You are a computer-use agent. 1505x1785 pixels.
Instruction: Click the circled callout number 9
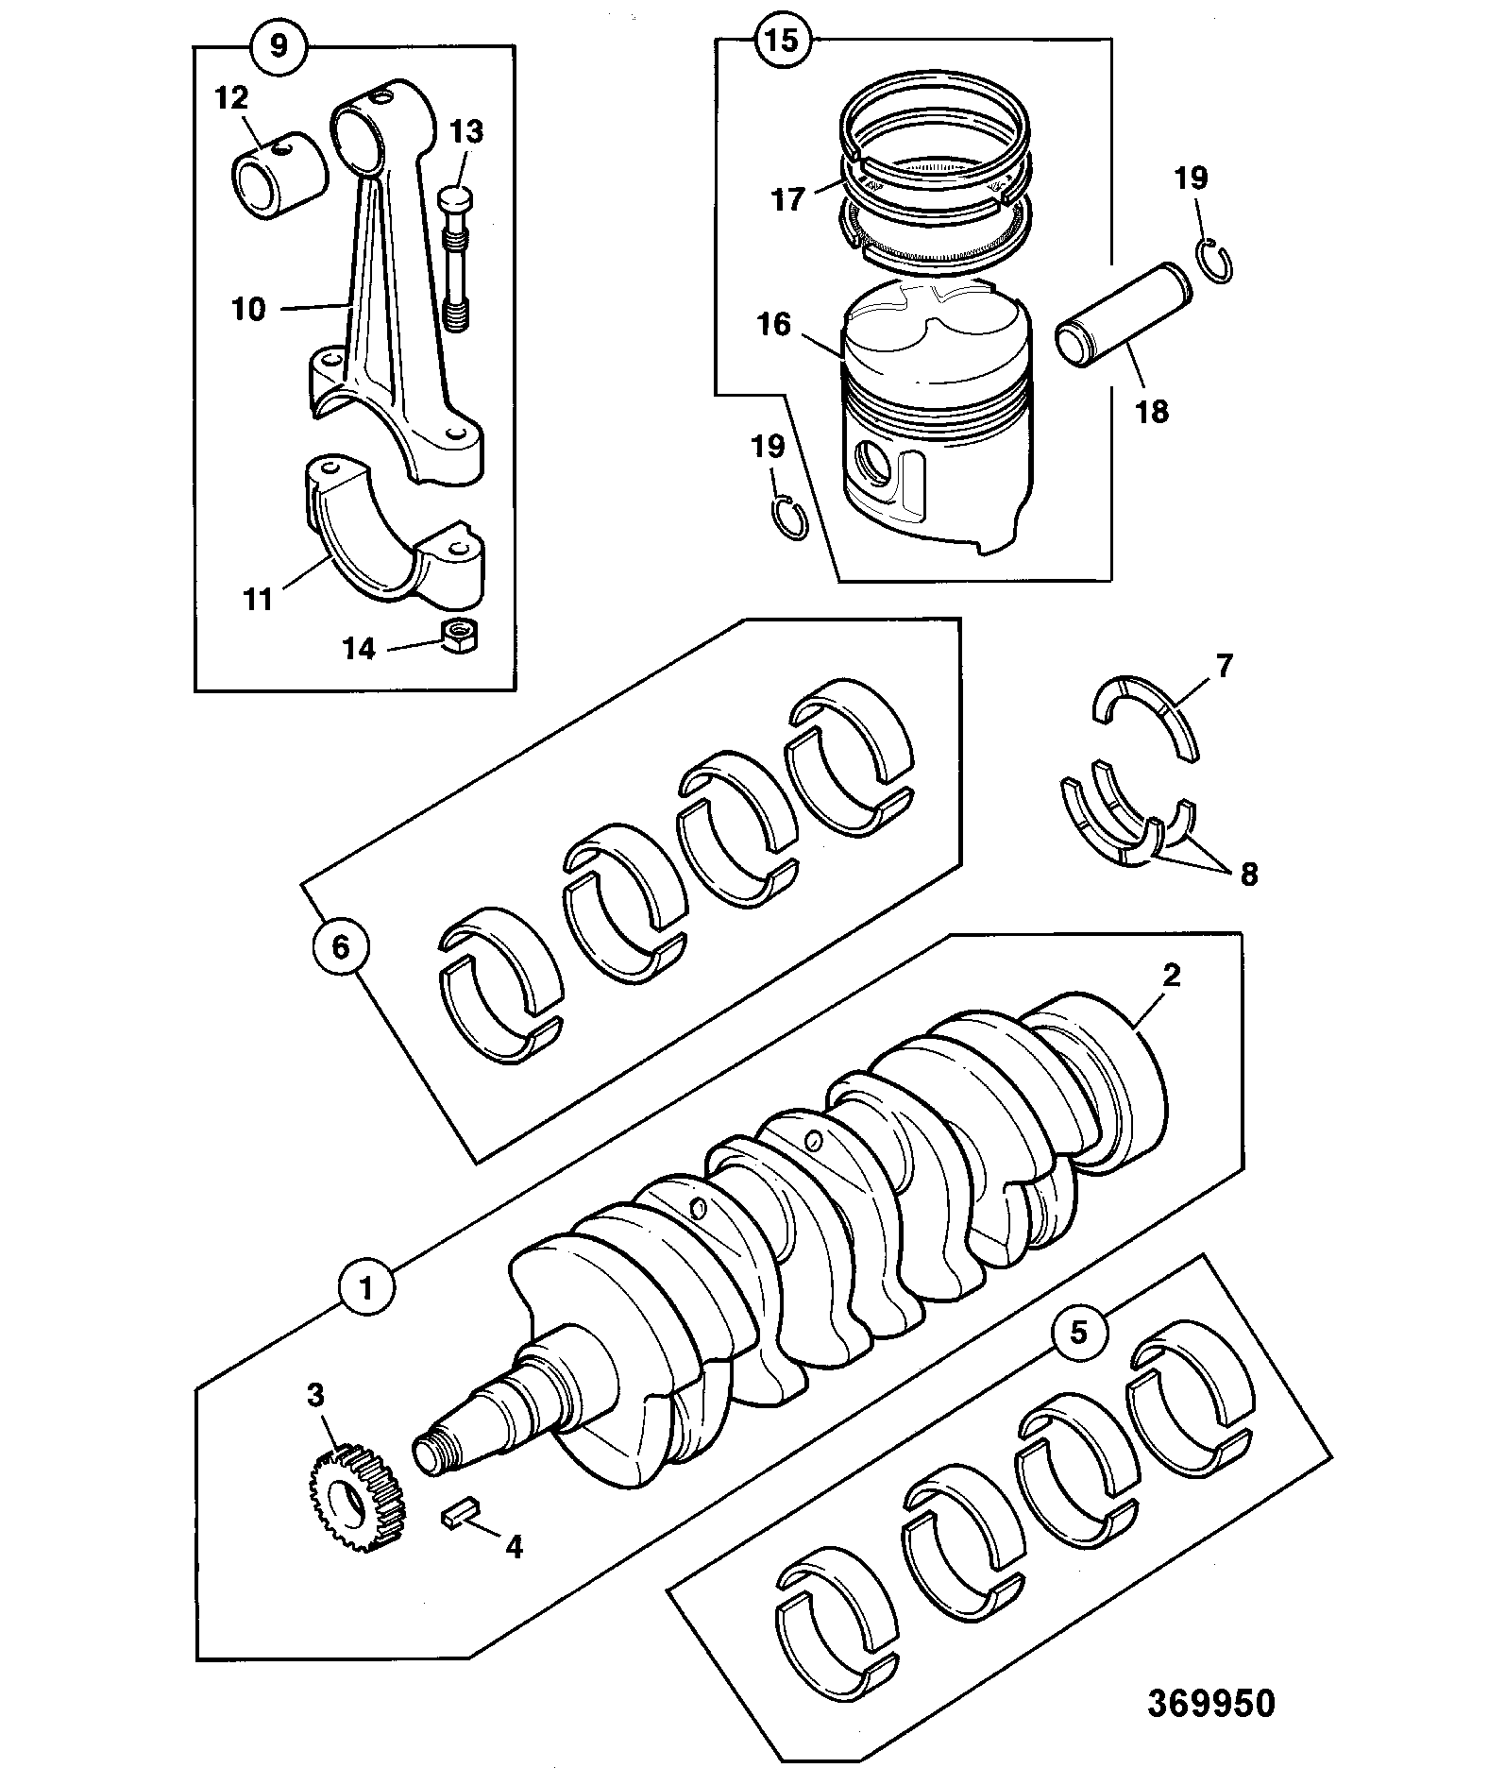pos(279,46)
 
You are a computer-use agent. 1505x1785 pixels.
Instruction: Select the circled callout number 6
pos(341,946)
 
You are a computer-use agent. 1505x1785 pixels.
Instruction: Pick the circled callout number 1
pos(368,1285)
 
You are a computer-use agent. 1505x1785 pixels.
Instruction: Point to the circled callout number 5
pos(1078,1333)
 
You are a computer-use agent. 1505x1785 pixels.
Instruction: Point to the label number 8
pos(1248,874)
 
